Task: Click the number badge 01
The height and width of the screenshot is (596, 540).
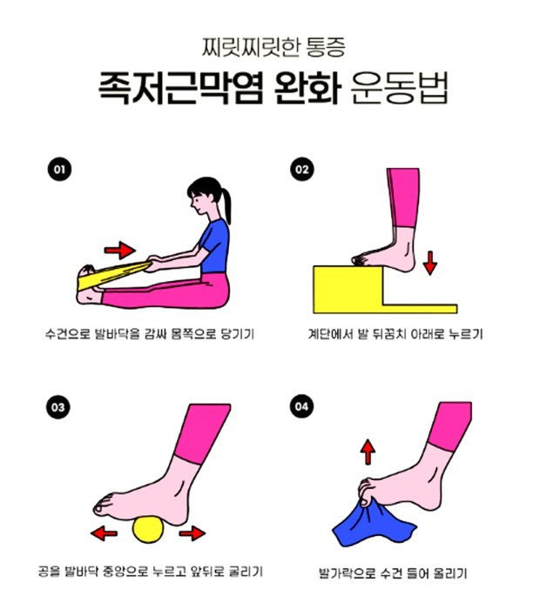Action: (58, 170)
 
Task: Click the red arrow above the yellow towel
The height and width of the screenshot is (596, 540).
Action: (120, 251)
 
